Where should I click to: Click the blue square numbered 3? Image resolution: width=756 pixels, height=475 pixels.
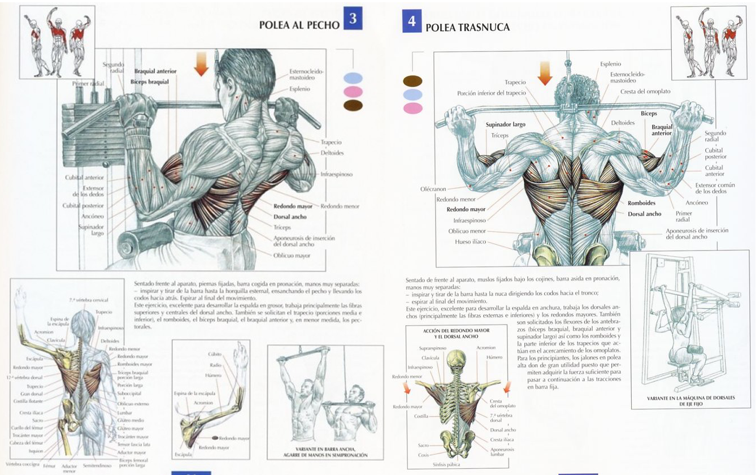tap(353, 19)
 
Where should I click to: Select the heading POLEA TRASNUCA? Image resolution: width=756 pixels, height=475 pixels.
tap(467, 27)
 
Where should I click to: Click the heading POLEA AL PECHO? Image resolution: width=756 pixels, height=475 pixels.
tap(299, 25)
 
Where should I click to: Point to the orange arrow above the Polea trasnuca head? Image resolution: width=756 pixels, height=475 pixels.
tap(545, 74)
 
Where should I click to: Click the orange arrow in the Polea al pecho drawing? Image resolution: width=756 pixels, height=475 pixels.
tap(201, 63)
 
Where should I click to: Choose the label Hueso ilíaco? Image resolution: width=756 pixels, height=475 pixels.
tap(470, 241)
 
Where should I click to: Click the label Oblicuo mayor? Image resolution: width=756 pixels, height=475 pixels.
tap(292, 256)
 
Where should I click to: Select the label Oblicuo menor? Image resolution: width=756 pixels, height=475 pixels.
tap(467, 231)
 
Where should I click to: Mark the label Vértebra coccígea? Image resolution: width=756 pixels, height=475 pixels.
tap(22, 464)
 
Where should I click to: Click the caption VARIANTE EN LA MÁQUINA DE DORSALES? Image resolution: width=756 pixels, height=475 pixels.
tap(690, 398)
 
